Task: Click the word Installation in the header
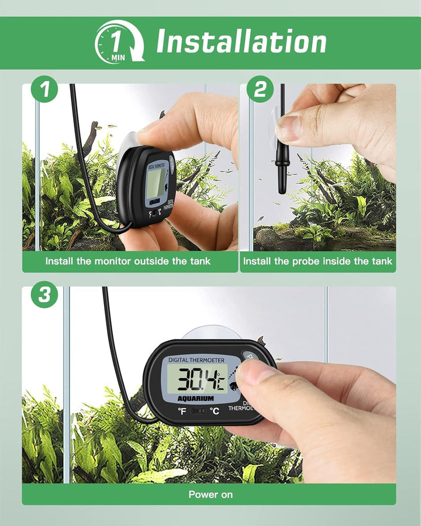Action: [x=241, y=42]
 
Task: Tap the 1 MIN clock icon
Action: [x=119, y=41]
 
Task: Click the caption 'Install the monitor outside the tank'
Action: [x=128, y=261]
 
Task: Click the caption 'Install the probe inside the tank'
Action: [x=318, y=261]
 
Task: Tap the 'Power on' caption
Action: [x=210, y=494]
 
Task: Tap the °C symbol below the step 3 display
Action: [x=215, y=411]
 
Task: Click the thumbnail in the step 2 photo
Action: [x=288, y=129]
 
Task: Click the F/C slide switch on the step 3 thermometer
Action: [x=199, y=411]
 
